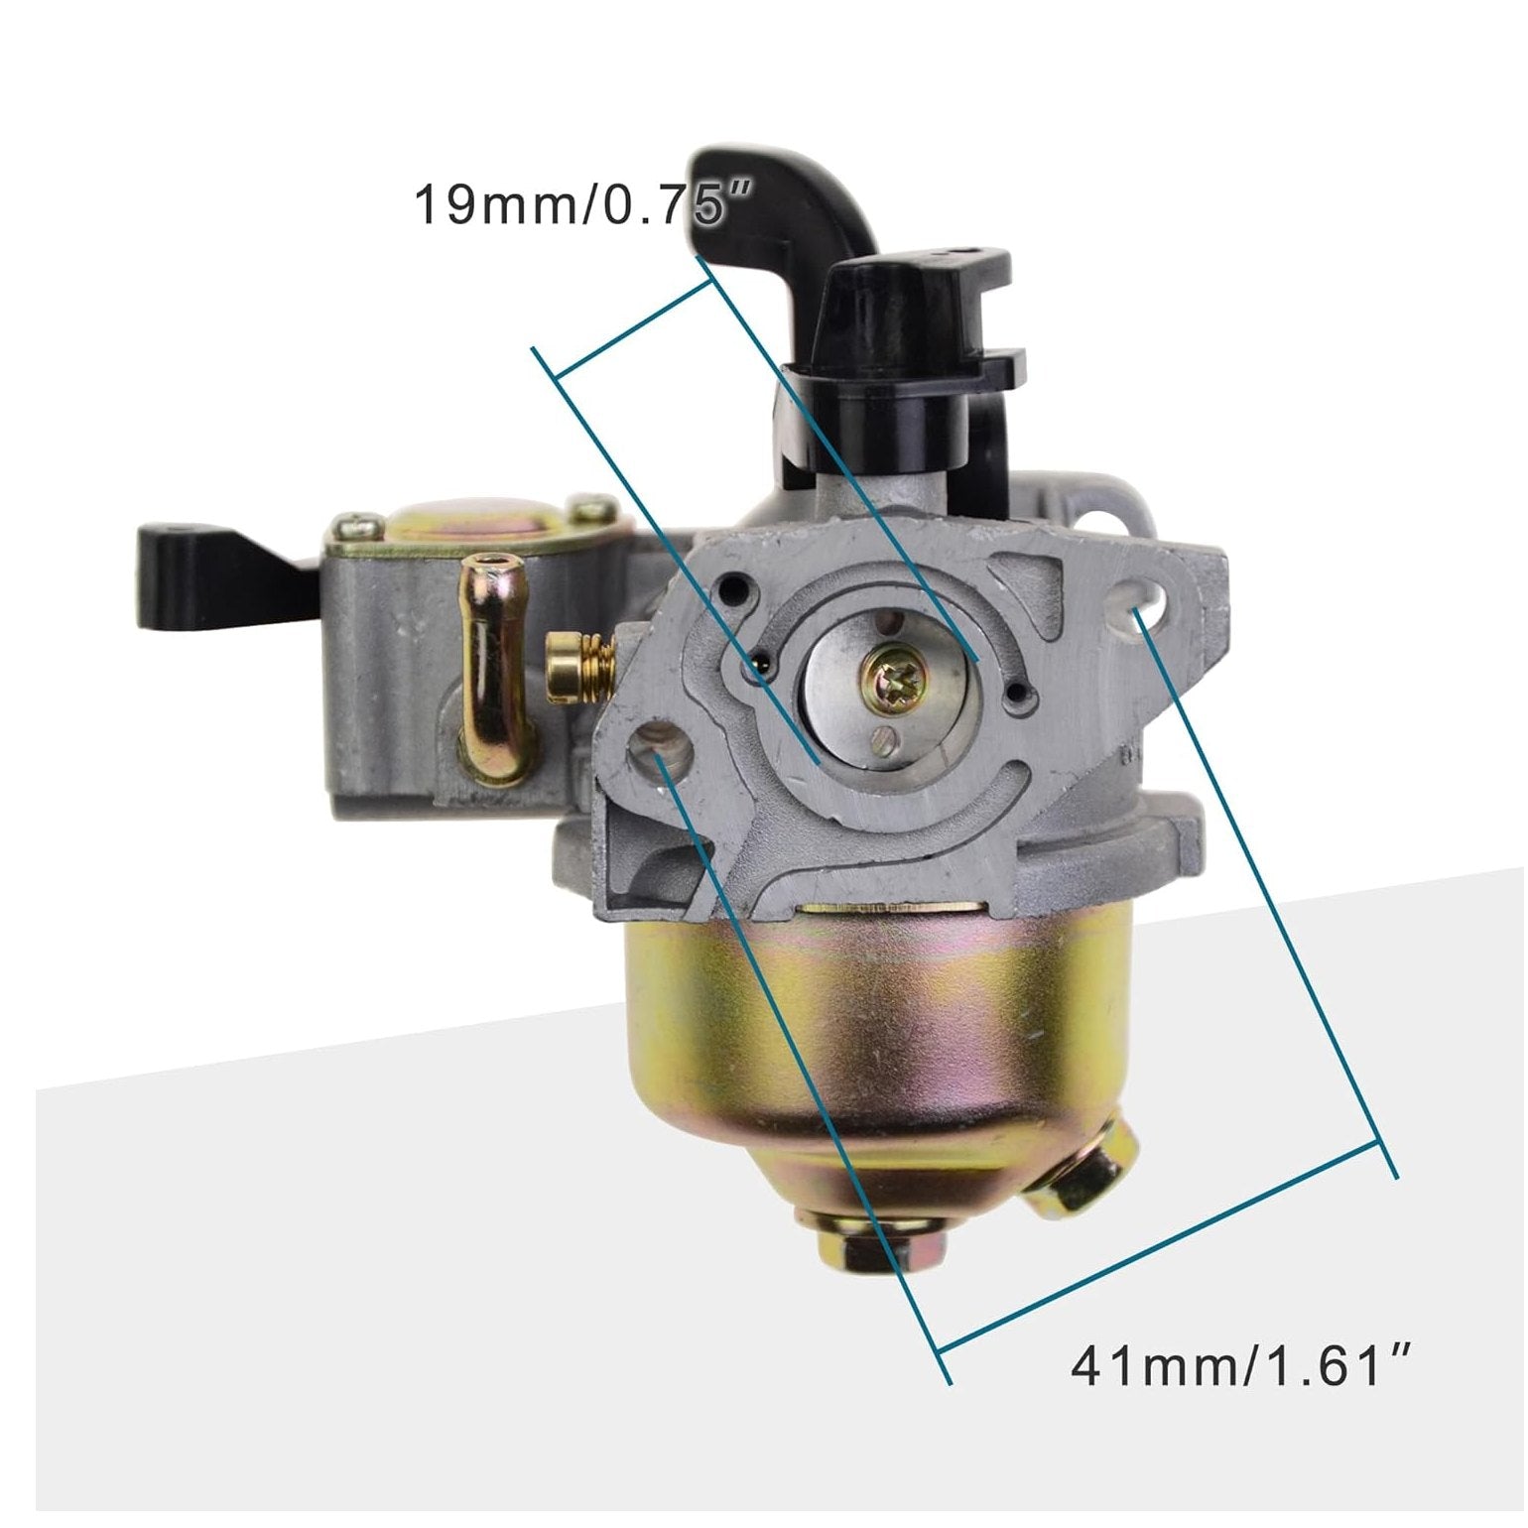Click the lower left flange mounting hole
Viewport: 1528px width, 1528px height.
(658, 746)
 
